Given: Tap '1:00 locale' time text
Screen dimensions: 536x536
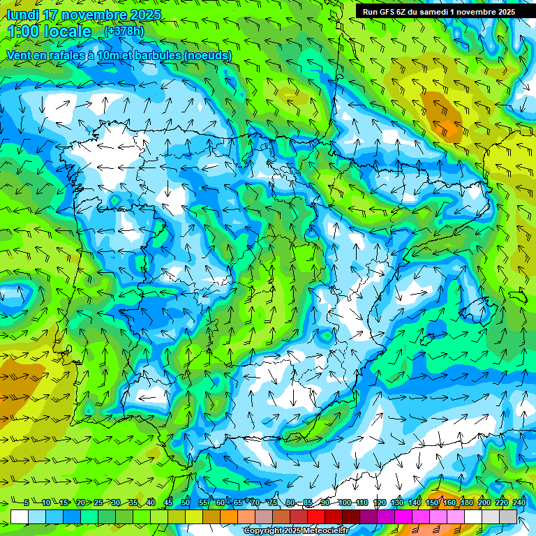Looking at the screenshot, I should point(49,31).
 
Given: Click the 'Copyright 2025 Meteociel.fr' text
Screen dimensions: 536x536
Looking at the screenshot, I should point(295,530).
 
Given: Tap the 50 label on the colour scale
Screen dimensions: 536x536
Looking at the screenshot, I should point(186,502).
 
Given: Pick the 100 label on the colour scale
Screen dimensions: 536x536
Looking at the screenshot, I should point(344,502).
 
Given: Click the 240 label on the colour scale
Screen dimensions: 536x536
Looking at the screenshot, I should point(519,502).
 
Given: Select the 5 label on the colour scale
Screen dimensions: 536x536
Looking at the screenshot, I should point(26,502).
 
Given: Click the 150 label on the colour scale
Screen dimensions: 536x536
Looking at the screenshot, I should point(432,502).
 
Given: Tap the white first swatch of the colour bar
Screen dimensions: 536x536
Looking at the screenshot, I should point(20,516).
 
